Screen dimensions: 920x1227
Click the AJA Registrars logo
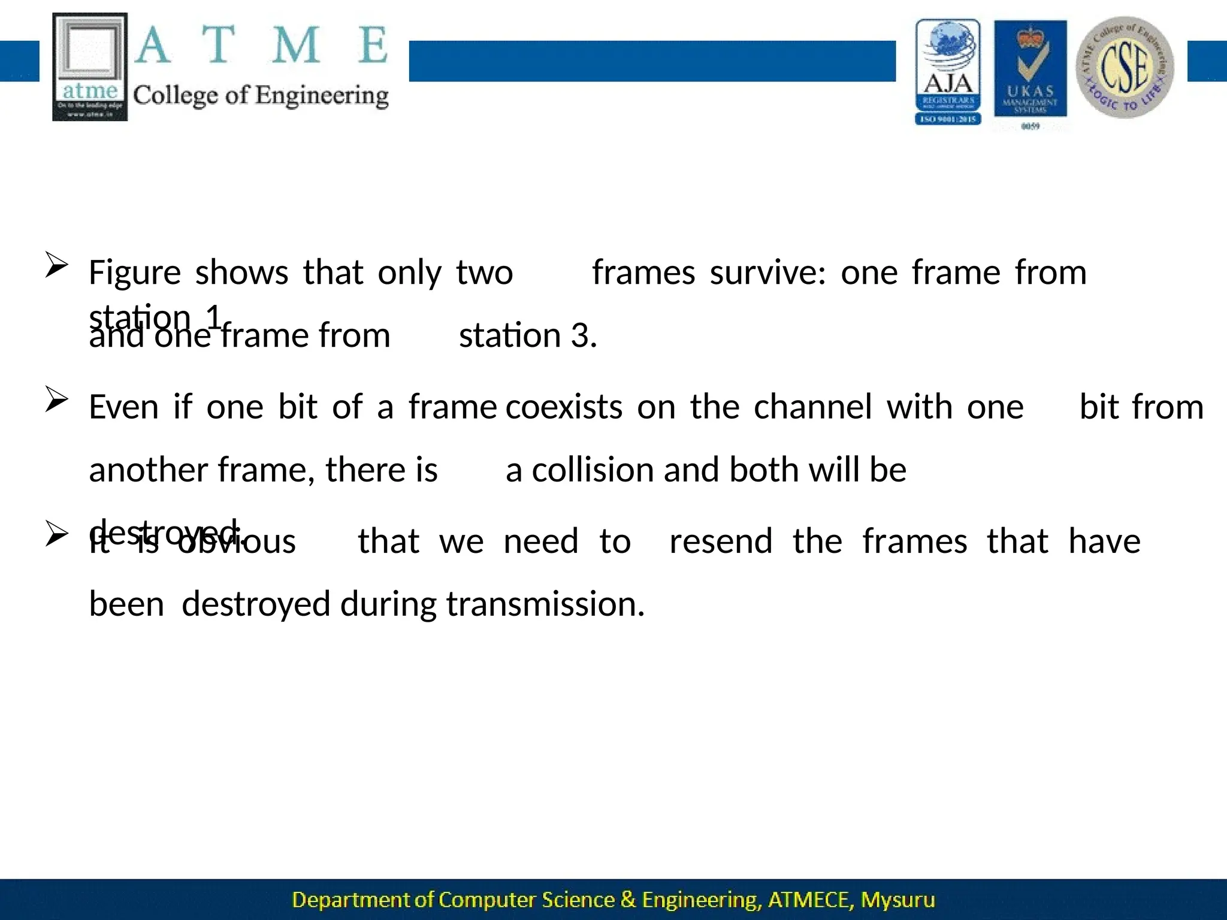click(948, 72)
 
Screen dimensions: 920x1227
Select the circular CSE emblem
click(1125, 67)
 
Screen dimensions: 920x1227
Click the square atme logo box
click(90, 67)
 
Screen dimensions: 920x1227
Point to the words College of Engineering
click(261, 96)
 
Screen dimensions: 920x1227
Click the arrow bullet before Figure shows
click(56, 265)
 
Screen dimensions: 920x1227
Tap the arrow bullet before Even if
click(56, 400)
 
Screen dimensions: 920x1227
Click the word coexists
click(564, 407)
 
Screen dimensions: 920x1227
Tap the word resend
click(721, 541)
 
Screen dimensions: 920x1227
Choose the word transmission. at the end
click(545, 604)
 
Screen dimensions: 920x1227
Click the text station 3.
click(528, 335)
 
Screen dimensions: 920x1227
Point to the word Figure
click(135, 273)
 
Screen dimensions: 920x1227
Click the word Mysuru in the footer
click(897, 900)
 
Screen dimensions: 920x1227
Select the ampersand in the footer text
click(628, 900)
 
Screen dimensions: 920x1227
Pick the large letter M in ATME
click(295, 46)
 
